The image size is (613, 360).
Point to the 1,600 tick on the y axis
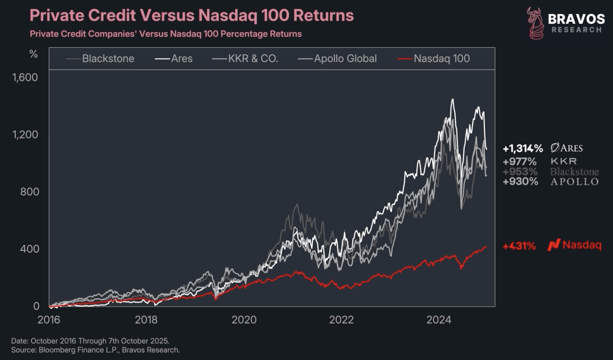click(25, 77)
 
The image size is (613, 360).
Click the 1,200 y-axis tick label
click(25, 135)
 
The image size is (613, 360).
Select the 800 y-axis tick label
click(29, 192)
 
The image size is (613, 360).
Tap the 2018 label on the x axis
click(146, 320)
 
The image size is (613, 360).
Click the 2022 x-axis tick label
click(341, 320)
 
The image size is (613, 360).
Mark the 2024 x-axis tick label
click(439, 320)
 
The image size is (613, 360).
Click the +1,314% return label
click(523, 149)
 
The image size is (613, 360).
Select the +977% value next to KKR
click(519, 161)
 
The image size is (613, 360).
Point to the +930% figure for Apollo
click(520, 182)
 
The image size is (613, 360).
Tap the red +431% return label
click(519, 246)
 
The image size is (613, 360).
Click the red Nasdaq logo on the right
click(554, 245)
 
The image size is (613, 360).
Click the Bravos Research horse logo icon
click(535, 23)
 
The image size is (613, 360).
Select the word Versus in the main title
click(167, 16)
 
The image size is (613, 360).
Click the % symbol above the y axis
click(34, 54)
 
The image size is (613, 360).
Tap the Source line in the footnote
click(95, 350)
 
